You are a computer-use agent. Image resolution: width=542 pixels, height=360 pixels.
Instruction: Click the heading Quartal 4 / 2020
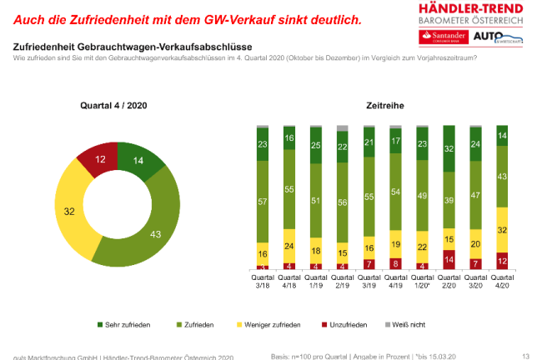[114, 106]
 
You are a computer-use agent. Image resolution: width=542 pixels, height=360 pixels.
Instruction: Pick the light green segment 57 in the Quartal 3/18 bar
[263, 202]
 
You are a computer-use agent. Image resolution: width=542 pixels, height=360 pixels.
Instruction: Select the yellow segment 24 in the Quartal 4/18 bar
[290, 246]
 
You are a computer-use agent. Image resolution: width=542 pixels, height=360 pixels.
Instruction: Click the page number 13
[525, 356]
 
